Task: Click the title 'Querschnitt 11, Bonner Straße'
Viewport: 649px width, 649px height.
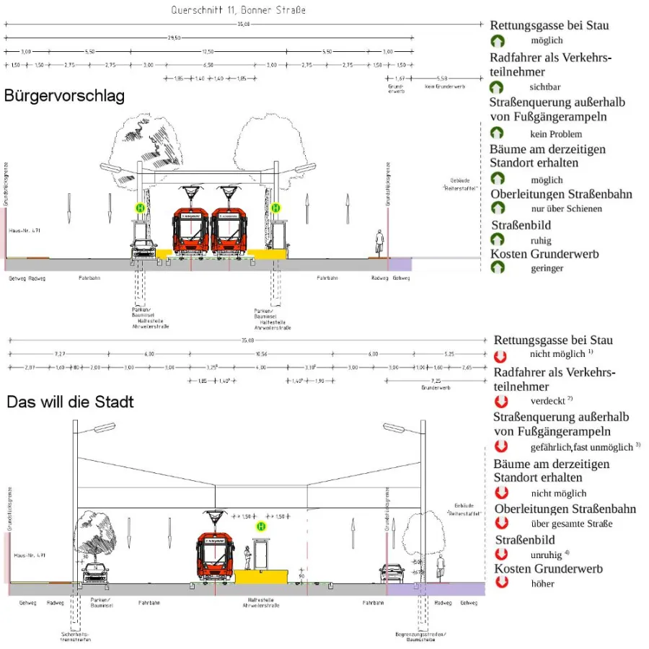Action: pos(238,10)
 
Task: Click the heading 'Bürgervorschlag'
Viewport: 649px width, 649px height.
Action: pos(64,96)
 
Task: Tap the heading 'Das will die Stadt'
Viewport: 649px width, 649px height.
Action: pos(70,401)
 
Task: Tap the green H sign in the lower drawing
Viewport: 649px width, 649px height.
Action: pos(262,527)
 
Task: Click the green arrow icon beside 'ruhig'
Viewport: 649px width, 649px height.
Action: pos(498,240)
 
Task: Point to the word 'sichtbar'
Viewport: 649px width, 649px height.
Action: pos(545,87)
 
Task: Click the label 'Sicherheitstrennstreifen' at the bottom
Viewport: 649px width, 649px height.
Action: pos(76,637)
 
